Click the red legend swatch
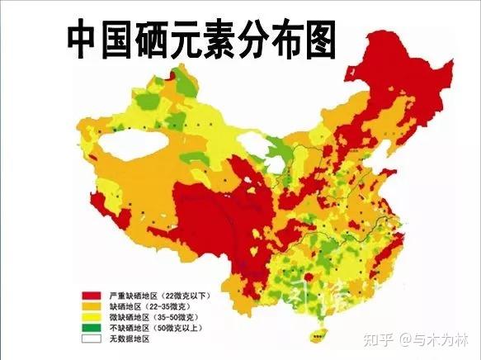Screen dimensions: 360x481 click(x=91, y=295)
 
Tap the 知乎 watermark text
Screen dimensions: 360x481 click(x=386, y=339)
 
